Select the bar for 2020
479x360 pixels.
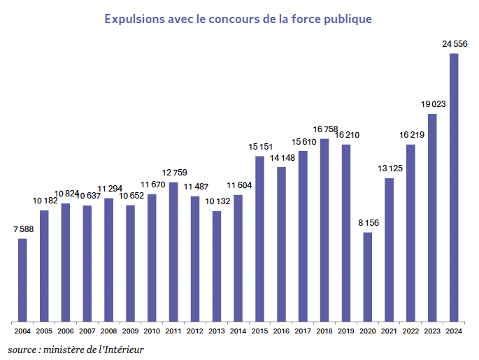pos(368,277)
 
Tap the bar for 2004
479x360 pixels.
pos(22,280)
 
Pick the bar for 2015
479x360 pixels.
pos(259,238)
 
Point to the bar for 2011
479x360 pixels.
pos(173,252)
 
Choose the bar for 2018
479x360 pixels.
pos(324,230)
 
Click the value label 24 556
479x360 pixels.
pos(455,44)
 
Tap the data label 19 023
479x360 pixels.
pos(433,104)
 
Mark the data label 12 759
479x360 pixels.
pos(174,173)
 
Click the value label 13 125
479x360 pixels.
pos(389,168)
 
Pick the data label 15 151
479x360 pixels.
pos(259,147)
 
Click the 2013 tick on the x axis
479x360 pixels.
pos(217,331)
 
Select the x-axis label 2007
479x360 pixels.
pos(87,331)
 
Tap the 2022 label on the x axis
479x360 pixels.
pos(411,331)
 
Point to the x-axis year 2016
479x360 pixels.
pos(281,331)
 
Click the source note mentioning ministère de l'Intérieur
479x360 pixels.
pos(76,348)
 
